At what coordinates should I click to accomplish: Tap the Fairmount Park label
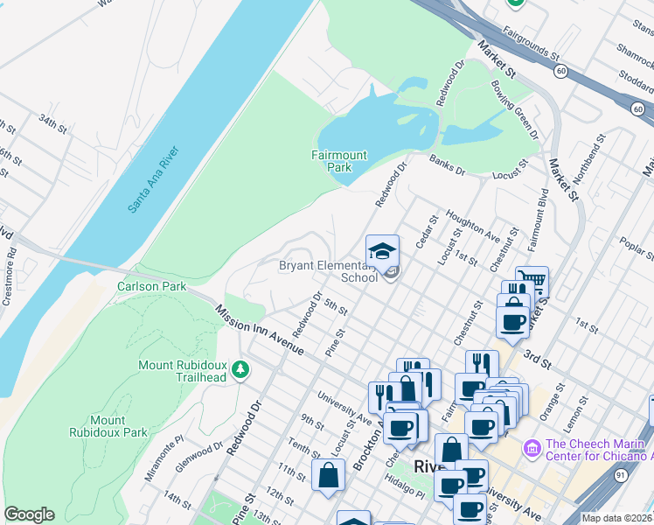point(339,161)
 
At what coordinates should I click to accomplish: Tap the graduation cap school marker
point(382,252)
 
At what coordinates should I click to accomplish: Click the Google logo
point(29,514)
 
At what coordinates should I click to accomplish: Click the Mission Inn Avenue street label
point(259,329)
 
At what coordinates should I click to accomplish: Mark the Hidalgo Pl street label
point(407,493)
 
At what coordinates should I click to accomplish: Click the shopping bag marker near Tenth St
point(328,476)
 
